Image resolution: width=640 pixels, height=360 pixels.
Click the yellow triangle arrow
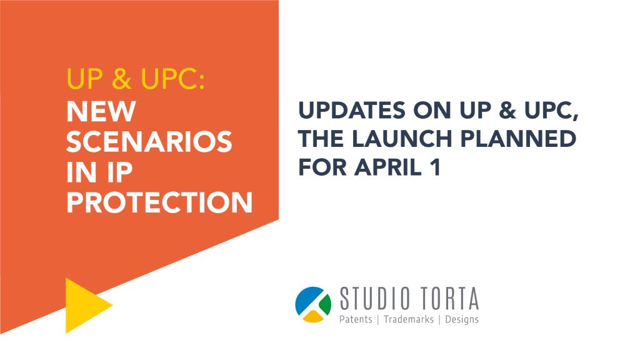coord(86,305)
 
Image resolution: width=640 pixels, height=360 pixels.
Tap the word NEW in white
coord(101,111)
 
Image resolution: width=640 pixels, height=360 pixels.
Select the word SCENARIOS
coord(149,142)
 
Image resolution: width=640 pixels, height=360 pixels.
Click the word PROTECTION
coord(159,202)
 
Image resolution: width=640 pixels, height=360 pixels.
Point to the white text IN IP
coord(99,172)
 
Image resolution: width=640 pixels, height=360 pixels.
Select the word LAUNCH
coord(402,139)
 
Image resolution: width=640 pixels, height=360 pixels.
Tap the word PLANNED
coord(518,139)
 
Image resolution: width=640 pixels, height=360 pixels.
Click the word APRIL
coord(388,167)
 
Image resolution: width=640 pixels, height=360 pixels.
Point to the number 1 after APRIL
coord(436,167)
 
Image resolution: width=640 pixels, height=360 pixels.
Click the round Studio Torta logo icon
coord(313,304)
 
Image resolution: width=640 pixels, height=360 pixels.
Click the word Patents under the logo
coord(356,319)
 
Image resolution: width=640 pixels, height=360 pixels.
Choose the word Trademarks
coord(409,319)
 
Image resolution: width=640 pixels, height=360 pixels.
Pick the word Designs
coord(462,319)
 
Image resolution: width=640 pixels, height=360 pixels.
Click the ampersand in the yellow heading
coord(122,78)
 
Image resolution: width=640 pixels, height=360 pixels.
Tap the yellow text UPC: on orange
coord(172,78)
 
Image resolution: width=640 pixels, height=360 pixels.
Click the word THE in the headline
coord(321,139)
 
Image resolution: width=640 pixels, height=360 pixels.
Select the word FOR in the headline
coord(322,167)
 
